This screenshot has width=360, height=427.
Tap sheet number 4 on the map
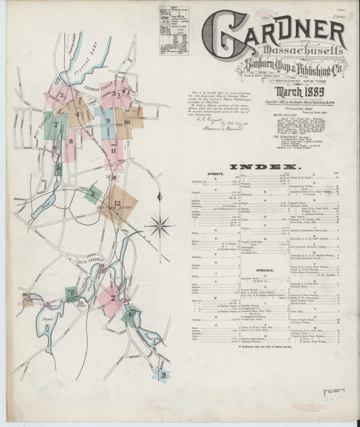click(x=75, y=114)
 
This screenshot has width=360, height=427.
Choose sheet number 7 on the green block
click(x=55, y=134)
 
